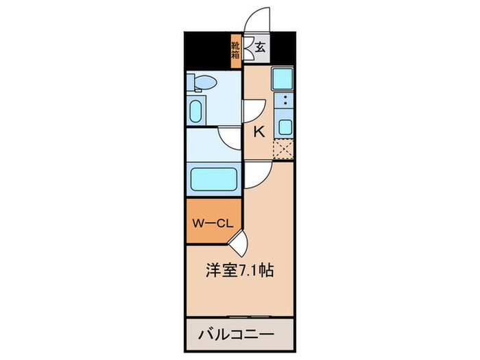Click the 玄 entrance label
[x=261, y=48]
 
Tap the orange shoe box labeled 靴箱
[x=235, y=51]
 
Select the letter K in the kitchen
[x=259, y=132]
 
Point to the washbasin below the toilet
[x=195, y=111]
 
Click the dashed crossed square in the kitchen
[x=283, y=149]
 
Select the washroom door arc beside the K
[x=232, y=136]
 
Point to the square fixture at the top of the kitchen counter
[x=283, y=80]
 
